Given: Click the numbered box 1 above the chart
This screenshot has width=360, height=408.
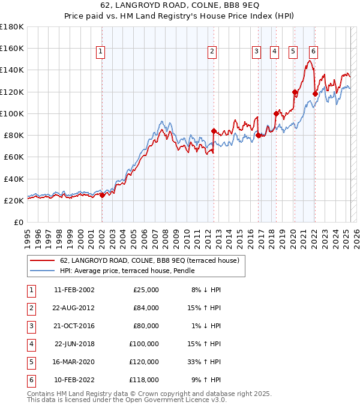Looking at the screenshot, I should click(100, 52).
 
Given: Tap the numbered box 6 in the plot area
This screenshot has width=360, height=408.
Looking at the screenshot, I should click(313, 52).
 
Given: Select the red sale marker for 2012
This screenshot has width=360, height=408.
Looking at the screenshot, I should click(214, 130).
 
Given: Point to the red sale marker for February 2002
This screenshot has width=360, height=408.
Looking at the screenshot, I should click(102, 194).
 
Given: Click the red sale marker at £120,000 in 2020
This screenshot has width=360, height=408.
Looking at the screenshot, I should click(295, 92).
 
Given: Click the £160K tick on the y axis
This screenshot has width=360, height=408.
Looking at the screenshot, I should click(12, 48).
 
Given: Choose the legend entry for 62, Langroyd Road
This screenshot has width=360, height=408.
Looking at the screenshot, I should click(150, 260).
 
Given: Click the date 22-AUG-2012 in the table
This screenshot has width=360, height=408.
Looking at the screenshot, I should click(74, 307).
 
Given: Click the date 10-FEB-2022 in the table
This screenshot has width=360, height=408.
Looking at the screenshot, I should click(74, 380).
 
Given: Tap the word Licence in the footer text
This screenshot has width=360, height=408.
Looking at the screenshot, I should click(185, 400).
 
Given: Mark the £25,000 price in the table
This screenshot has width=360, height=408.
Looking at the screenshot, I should click(146, 289).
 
